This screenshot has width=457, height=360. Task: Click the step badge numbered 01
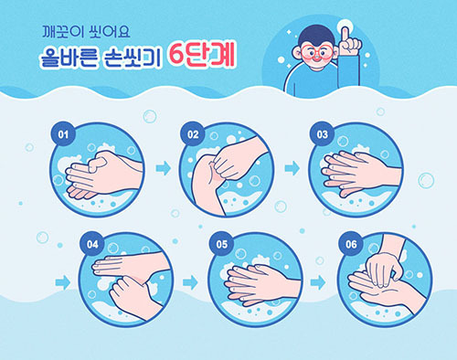coord(63,134)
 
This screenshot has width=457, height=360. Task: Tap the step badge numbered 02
coord(193,134)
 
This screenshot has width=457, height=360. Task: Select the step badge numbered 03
coord(322,134)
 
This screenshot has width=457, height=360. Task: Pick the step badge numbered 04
coord(92,244)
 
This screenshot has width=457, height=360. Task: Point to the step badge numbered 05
coord(221,244)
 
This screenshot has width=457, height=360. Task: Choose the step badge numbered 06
coord(351,244)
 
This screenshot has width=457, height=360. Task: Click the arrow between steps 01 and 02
coord(164,168)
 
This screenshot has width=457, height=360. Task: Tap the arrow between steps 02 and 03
coord(292,168)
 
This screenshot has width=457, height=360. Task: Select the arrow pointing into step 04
coord(63,282)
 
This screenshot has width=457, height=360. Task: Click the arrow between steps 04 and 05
coord(190,282)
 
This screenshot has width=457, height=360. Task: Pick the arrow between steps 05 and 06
coord(318,282)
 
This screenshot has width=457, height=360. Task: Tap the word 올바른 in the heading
coord(69,57)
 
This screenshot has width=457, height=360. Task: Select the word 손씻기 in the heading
coord(132,58)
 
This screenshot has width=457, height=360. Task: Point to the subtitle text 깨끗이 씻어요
coord(86,32)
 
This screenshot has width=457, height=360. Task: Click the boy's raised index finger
coord(345,36)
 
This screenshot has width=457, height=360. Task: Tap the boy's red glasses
coord(317,52)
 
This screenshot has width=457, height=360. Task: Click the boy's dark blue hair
coord(317,35)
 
